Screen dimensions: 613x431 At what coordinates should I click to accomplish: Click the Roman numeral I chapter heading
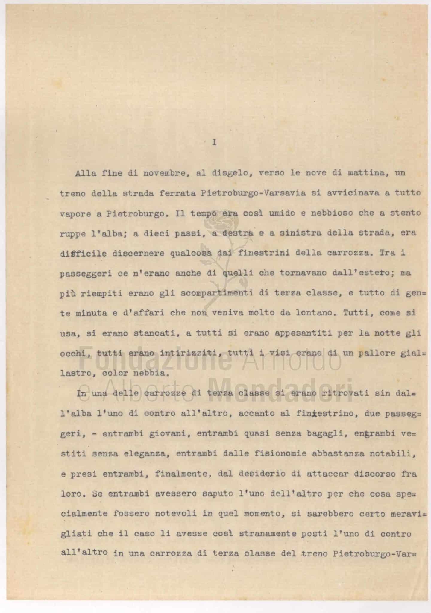coord(214,143)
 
